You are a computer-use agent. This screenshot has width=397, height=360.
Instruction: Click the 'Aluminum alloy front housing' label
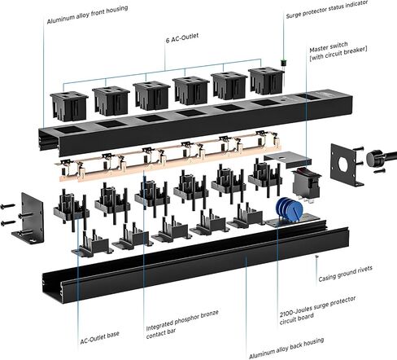click(87, 15)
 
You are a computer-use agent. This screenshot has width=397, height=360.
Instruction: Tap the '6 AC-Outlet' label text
click(182, 37)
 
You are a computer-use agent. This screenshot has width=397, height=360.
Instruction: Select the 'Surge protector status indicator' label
click(327, 9)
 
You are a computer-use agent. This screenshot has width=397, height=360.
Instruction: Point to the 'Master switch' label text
click(329, 47)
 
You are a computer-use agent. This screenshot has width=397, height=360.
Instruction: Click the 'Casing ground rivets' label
click(345, 274)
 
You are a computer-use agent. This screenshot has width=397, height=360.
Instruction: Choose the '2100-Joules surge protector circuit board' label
click(317, 310)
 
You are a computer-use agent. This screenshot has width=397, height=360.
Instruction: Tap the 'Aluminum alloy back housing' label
click(286, 349)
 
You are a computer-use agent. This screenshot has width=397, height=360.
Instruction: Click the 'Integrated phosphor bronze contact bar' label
click(182, 324)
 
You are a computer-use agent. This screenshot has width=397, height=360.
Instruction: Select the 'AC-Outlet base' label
click(99, 338)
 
